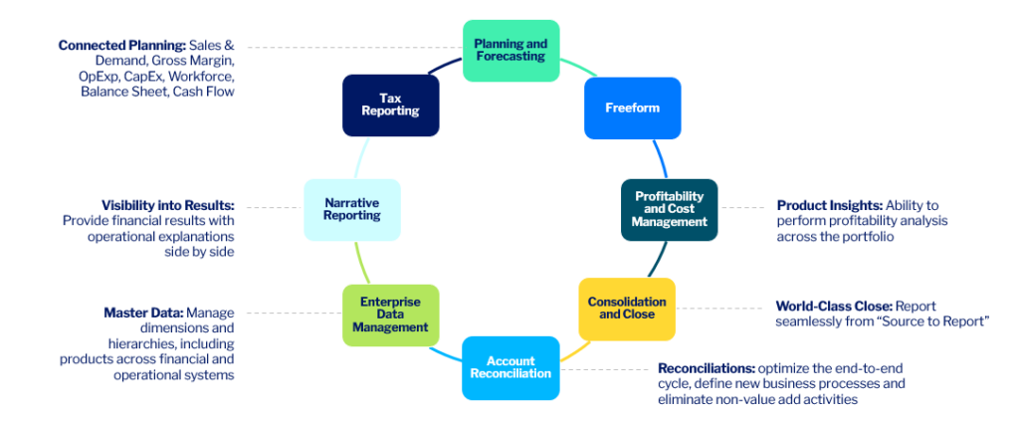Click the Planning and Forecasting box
(511, 50)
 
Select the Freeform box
(632, 107)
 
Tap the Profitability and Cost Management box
(669, 209)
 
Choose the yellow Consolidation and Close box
(627, 308)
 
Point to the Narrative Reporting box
(351, 209)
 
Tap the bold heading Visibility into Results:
(167, 205)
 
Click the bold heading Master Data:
(143, 312)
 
